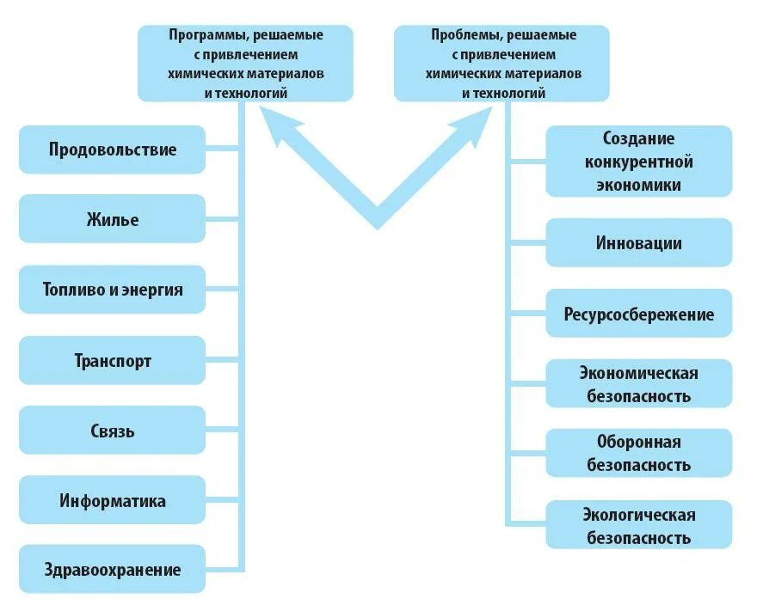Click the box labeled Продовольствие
112,150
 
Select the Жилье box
112,219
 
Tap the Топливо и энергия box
112,290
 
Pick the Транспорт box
112,360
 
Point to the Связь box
112,431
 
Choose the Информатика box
112,500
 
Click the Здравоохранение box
112,569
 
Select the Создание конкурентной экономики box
638,162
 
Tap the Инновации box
638,243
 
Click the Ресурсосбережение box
638,314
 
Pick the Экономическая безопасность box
638,384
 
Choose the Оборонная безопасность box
638,454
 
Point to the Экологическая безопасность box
638,526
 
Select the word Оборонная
638,442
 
